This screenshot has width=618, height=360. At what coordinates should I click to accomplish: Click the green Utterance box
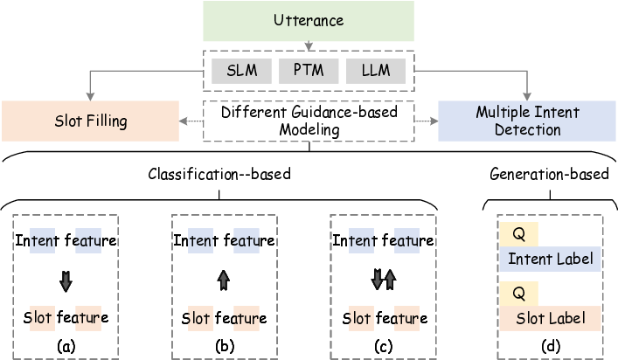(307, 21)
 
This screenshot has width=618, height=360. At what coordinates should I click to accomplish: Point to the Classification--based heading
(219, 174)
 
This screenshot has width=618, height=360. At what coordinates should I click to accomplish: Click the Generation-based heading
(549, 174)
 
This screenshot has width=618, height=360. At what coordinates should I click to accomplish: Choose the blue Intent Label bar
(550, 259)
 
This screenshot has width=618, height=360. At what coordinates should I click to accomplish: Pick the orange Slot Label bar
(550, 317)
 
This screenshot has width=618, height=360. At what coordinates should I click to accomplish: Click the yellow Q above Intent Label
(517, 234)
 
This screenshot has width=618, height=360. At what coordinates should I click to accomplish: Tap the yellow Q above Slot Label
(517, 293)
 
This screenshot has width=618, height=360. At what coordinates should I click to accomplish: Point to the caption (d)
(549, 345)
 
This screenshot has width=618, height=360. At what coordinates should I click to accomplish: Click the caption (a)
(66, 345)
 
